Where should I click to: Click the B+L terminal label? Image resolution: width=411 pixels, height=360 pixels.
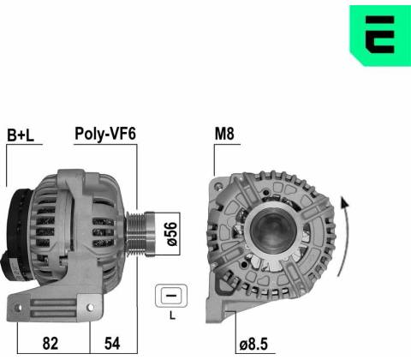click(21, 135)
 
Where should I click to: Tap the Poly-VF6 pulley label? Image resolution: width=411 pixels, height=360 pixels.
click(105, 134)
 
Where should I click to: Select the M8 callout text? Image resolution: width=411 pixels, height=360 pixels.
click(224, 134)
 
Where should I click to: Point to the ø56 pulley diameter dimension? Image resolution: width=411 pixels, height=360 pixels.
click(172, 234)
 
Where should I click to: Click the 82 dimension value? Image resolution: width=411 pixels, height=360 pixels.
click(51, 343)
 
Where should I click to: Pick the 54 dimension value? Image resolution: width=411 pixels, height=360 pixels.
click(112, 343)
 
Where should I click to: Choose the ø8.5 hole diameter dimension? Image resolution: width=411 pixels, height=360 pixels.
click(253, 344)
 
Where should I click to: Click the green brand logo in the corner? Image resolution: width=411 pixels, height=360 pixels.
click(380, 35)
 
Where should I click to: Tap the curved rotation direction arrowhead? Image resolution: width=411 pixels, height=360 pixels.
click(344, 202)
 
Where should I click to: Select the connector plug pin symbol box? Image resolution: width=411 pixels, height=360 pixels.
click(171, 296)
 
